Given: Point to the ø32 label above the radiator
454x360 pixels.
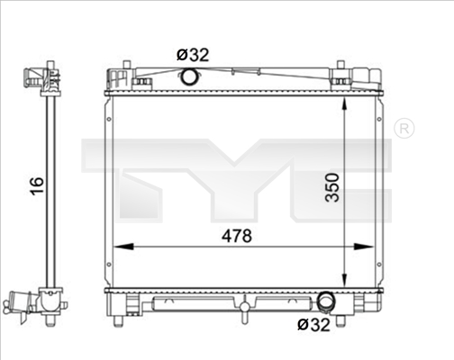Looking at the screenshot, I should point(193,55).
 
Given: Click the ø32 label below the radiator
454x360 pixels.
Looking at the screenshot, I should point(313,325).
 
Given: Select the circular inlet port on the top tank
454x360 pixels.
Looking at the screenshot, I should point(191,77).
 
